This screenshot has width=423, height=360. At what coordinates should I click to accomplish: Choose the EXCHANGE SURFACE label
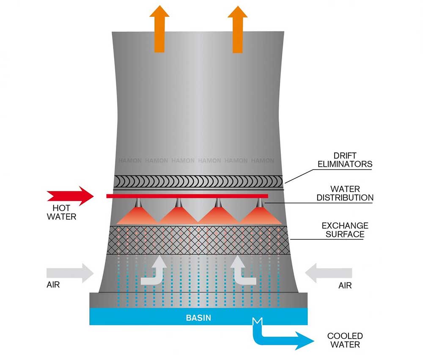coord(345,230)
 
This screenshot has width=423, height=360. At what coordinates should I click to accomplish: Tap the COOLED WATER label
coord(345,340)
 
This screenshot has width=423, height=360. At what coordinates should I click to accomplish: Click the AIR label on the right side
coord(345,286)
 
